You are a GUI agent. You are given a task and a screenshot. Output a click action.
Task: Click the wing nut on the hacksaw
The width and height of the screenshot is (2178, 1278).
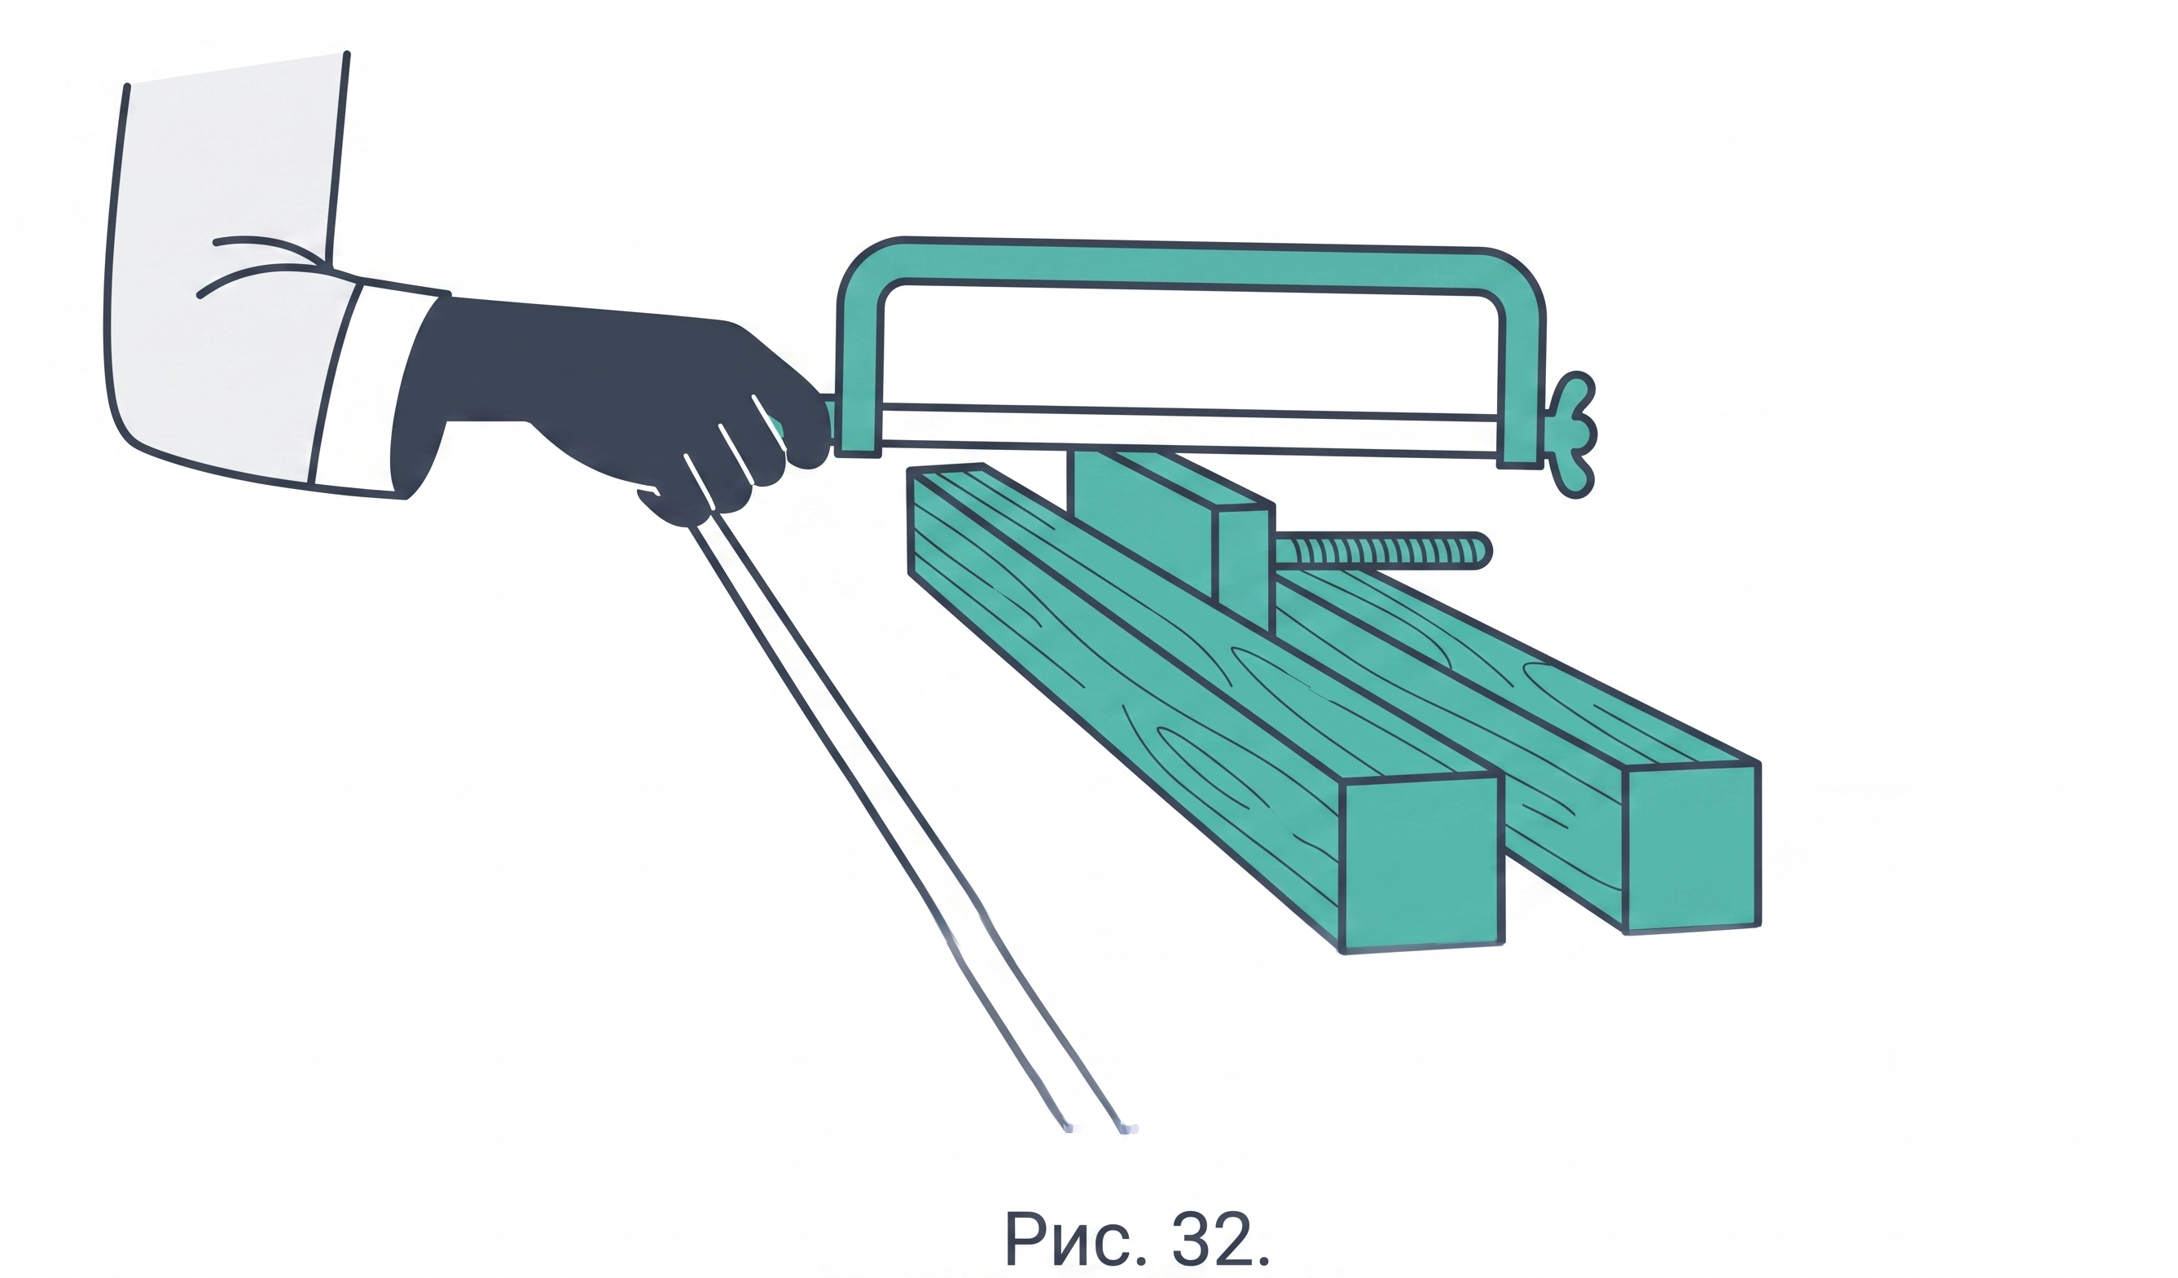1572,435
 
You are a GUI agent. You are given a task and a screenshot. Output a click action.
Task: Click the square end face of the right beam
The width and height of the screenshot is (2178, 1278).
1693,848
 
